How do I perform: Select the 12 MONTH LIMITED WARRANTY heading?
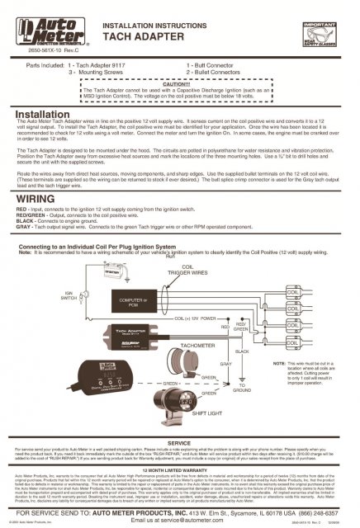[179, 468]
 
